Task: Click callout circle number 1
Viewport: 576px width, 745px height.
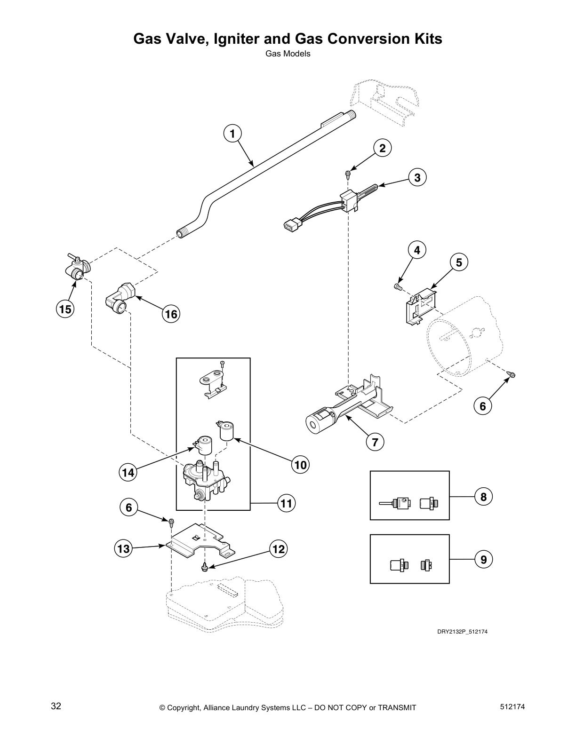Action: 232,134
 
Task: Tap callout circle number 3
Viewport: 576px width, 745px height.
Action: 417,177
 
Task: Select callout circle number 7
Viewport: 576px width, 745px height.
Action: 375,442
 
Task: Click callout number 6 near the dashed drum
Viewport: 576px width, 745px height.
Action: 482,405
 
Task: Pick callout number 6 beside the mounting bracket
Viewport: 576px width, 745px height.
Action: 128,507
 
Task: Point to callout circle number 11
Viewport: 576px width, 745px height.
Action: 286,504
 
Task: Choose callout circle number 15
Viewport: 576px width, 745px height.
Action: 65,309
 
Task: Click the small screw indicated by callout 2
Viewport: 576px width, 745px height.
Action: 347,174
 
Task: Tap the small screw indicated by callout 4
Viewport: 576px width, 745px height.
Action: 398,285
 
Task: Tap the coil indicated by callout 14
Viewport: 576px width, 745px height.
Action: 204,445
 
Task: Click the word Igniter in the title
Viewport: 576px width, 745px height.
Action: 243,39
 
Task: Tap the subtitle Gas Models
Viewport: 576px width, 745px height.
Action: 288,54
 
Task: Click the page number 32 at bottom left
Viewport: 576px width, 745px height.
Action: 56,706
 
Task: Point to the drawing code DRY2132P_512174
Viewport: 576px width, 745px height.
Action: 462,632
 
